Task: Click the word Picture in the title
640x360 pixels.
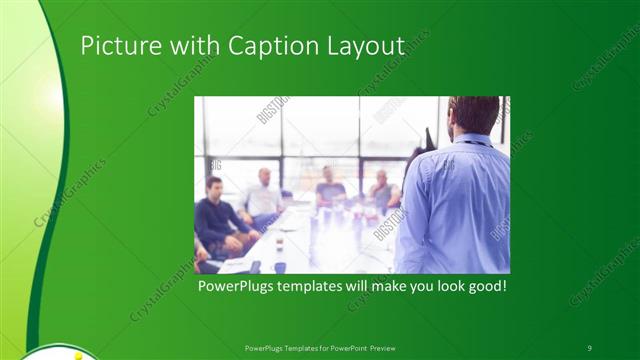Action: (116, 46)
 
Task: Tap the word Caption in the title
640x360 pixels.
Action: (274, 46)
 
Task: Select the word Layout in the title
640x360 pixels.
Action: (368, 46)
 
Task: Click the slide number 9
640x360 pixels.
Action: (589, 347)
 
